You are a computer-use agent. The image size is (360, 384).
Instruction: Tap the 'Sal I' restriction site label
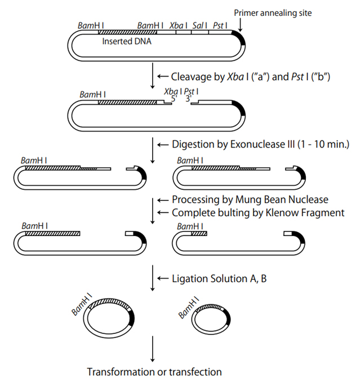click(198, 25)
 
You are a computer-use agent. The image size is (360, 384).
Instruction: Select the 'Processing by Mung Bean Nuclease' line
click(250, 200)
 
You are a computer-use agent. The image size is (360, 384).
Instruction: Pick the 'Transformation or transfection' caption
click(154, 372)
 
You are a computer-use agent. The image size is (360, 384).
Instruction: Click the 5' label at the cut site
click(175, 97)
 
